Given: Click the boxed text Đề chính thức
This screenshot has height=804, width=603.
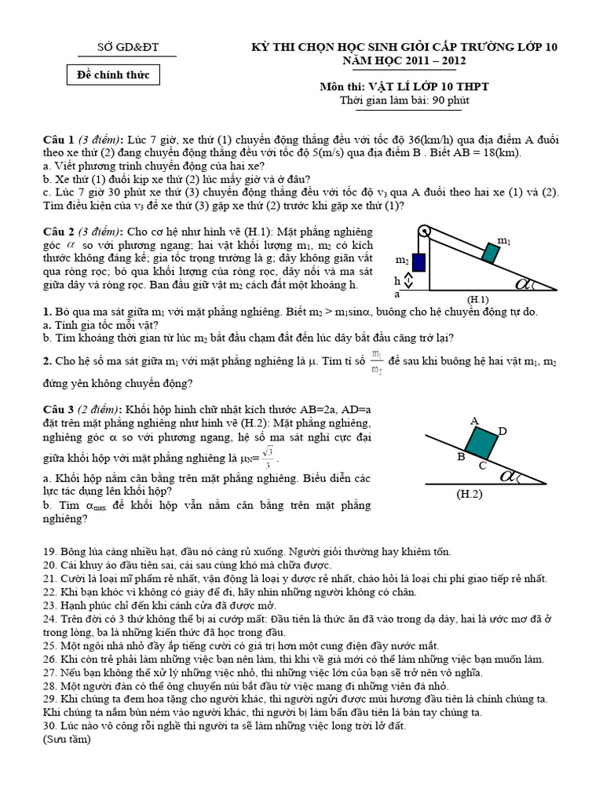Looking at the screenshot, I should (114, 75).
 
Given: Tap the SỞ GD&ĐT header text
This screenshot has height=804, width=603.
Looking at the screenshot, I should (127, 48).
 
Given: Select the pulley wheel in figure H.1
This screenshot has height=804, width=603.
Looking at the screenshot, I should (424, 232).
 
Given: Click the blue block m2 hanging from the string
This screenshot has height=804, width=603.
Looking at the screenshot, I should (419, 262).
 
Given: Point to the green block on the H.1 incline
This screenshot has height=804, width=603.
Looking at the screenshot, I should (492, 253).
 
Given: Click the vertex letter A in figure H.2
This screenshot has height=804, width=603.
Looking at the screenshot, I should (474, 421).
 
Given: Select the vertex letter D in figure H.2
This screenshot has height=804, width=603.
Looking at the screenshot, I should (502, 431).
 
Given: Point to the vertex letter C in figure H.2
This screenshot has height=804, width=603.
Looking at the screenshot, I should (482, 466).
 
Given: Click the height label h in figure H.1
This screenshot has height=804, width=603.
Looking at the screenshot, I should (398, 280).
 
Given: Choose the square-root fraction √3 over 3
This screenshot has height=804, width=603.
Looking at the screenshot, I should (269, 455).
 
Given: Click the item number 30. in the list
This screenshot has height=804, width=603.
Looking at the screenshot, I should (51, 725).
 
